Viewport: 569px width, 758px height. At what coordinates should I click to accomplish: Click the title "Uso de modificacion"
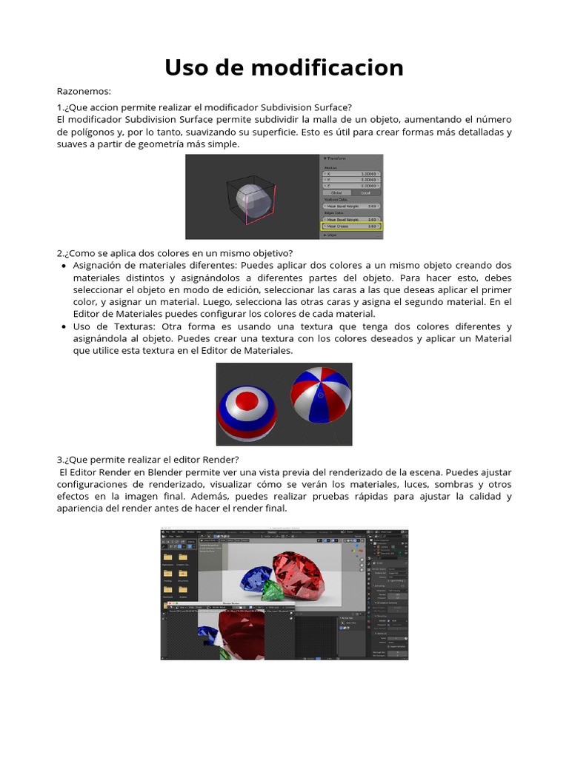284,67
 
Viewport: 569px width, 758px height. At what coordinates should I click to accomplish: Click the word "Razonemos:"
84,91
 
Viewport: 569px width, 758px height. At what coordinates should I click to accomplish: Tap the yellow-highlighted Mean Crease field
352,225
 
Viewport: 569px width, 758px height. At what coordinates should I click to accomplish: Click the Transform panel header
341,159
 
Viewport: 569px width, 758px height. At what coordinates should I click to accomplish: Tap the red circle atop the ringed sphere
246,400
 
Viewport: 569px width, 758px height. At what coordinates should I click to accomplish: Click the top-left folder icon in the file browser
168,557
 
